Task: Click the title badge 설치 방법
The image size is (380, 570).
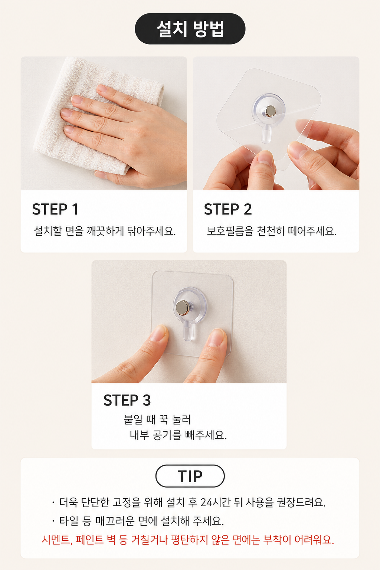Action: pyautogui.click(x=190, y=29)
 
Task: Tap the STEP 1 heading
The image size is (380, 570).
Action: pyautogui.click(x=55, y=209)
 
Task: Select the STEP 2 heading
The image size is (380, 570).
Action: pyautogui.click(x=228, y=209)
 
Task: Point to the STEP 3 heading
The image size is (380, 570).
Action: pyautogui.click(x=127, y=400)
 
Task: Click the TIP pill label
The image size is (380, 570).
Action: pyautogui.click(x=190, y=476)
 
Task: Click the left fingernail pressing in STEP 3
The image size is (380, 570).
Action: pyautogui.click(x=158, y=333)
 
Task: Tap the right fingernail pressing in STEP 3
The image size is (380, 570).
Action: pyautogui.click(x=216, y=337)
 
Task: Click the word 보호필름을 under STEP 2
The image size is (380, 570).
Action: pyautogui.click(x=230, y=231)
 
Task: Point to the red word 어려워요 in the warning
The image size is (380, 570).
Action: pyautogui.click(x=314, y=540)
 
